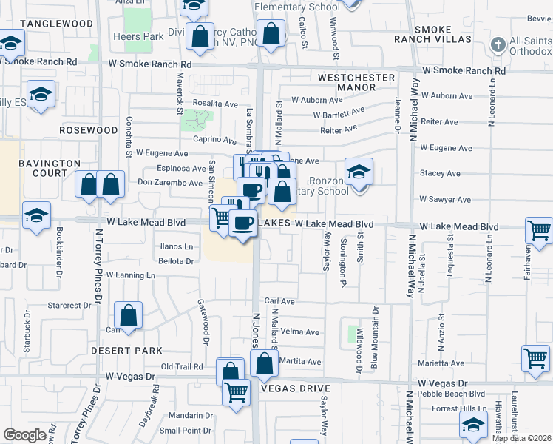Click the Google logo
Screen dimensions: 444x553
point(24,435)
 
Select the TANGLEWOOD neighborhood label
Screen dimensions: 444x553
point(57,24)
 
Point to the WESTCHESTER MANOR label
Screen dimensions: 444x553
point(351,82)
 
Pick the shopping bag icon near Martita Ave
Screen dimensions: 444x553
point(264,363)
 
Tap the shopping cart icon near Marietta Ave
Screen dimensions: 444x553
point(535,358)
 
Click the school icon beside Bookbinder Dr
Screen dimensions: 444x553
point(36,215)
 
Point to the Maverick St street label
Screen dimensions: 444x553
point(180,92)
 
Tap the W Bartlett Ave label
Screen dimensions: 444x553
point(339,115)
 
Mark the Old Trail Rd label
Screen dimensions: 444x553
point(182,366)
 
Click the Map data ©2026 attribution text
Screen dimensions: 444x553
point(521,438)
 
